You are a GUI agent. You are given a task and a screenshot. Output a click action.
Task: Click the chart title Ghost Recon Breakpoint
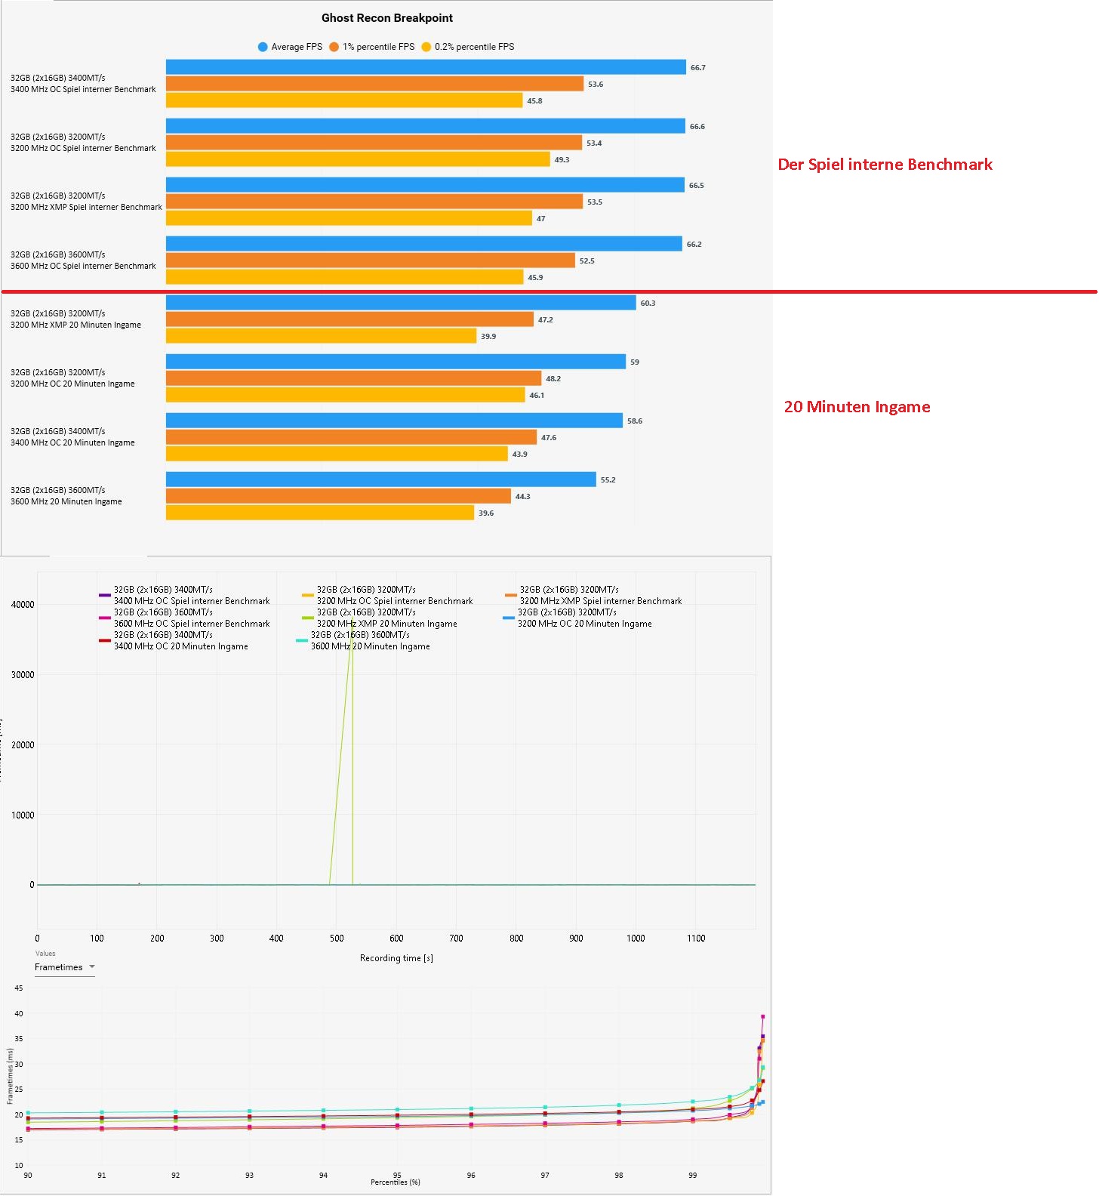pos(387,18)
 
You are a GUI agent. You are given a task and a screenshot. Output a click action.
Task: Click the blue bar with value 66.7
pos(426,67)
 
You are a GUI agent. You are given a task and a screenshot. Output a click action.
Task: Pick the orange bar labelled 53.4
pos(374,143)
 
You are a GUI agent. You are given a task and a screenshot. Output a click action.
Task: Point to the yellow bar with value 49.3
pos(358,159)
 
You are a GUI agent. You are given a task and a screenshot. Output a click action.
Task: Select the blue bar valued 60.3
pos(401,303)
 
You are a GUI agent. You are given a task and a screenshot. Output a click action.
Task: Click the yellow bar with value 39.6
pos(320,513)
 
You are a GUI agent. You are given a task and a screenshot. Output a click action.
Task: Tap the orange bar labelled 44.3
pos(338,496)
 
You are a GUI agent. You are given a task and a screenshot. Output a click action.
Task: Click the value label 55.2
pos(608,480)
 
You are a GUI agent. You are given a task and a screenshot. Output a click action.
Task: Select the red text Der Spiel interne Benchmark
pos(885,165)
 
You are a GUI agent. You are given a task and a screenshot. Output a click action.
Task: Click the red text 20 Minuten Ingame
pos(857,407)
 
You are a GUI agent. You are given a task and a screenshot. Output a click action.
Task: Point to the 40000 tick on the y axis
pos(23,605)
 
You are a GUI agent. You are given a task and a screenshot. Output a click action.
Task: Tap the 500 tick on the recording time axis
pos(337,939)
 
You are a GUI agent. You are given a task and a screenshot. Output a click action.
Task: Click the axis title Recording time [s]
pos(396,958)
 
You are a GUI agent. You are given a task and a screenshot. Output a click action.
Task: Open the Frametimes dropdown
pos(65,967)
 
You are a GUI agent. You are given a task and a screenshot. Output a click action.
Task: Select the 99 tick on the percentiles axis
pos(692,1176)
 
